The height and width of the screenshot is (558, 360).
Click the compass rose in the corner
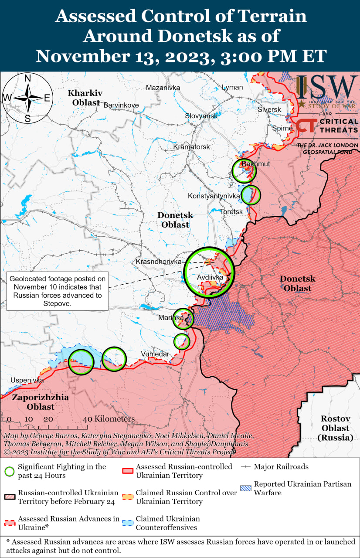click(27, 98)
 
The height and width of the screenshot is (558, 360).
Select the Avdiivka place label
click(210, 277)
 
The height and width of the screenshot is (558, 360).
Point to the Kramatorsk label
click(191, 147)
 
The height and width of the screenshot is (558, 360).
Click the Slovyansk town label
click(201, 116)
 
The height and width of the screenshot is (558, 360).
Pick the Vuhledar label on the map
click(155, 354)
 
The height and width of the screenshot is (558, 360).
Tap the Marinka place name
click(171, 318)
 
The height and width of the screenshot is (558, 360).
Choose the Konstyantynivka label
click(214, 196)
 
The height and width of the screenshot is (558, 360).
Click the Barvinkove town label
click(121, 105)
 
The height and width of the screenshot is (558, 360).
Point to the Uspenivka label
click(27, 380)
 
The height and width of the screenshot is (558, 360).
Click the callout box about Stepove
click(58, 291)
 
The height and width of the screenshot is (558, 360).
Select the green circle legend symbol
click(10, 471)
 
